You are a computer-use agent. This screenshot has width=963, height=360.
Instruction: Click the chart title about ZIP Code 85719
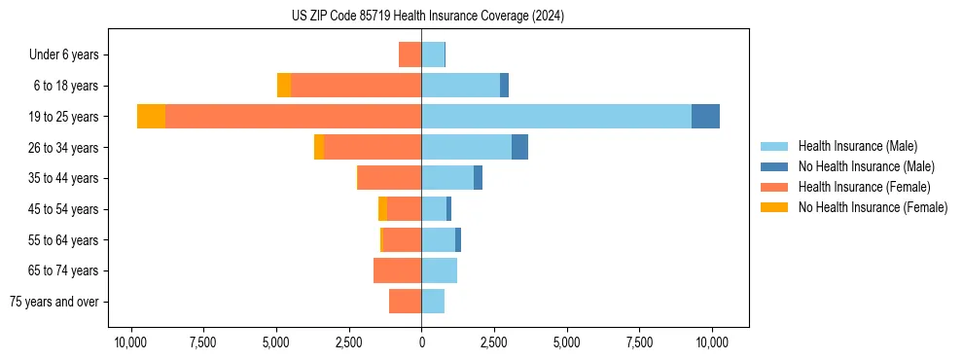pos(427,17)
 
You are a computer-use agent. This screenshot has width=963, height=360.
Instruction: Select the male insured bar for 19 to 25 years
pos(555,116)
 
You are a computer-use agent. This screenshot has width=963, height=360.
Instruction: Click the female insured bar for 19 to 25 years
pos(293,116)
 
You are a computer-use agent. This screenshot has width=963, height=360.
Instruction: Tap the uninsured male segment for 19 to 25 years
pos(705,116)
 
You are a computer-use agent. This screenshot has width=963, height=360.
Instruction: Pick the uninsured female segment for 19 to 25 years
pos(151,116)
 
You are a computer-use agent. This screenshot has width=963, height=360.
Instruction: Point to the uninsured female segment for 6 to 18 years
pos(284,86)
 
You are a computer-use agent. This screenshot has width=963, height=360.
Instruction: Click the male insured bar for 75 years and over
pos(433,302)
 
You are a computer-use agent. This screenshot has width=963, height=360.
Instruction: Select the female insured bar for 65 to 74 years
pos(397,270)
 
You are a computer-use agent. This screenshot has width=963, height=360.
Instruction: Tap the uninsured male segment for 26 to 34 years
pos(519,147)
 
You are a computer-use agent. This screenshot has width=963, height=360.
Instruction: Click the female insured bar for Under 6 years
pos(410,54)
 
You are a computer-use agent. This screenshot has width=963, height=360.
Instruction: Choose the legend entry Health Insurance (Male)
pos(857,146)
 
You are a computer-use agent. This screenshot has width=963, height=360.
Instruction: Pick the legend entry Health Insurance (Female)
pos(864,187)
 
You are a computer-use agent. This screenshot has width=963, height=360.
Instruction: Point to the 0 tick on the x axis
pos(421,342)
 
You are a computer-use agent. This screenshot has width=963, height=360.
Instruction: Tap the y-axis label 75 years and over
pos(53,302)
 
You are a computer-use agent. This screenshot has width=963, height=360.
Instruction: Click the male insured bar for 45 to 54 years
pos(434,208)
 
